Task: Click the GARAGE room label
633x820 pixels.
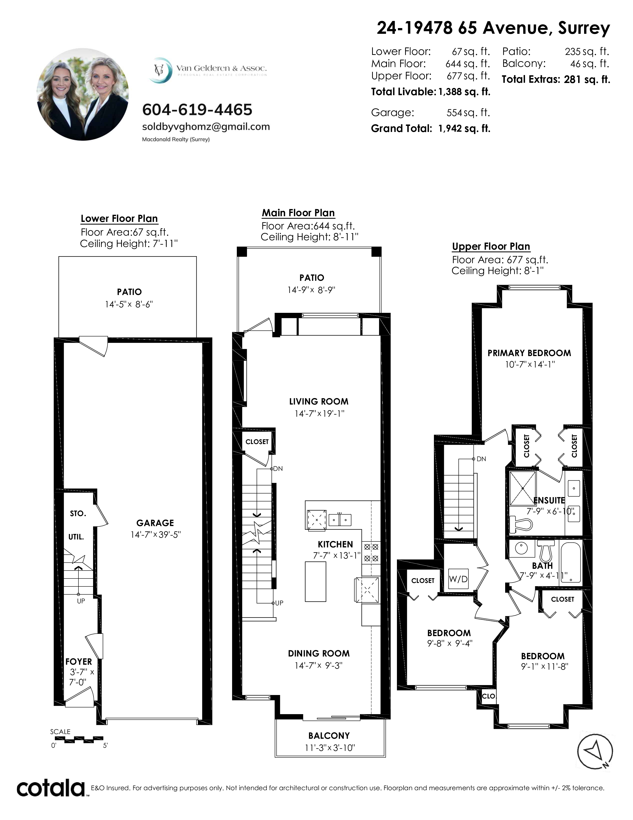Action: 155,523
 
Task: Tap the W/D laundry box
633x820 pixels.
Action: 458,579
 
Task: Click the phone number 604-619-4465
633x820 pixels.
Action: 197,110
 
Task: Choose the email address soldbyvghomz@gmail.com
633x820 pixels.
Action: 206,127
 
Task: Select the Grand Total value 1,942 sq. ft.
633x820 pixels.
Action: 464,128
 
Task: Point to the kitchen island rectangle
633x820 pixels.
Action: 315,582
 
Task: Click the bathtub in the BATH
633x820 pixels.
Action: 571,562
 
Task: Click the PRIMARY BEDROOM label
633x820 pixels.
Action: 529,353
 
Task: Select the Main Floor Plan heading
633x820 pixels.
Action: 298,213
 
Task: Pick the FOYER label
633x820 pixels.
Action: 78,661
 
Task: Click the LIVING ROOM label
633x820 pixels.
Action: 319,401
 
